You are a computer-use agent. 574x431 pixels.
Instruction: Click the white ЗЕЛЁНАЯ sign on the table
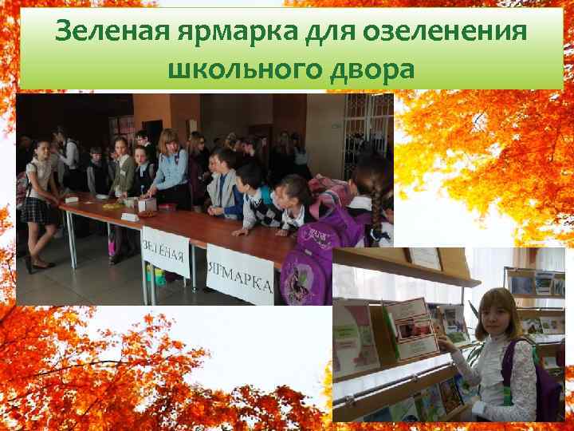164,251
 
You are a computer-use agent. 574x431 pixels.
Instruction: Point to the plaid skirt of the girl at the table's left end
35,210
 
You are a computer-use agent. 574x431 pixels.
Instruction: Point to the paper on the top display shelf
424,258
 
